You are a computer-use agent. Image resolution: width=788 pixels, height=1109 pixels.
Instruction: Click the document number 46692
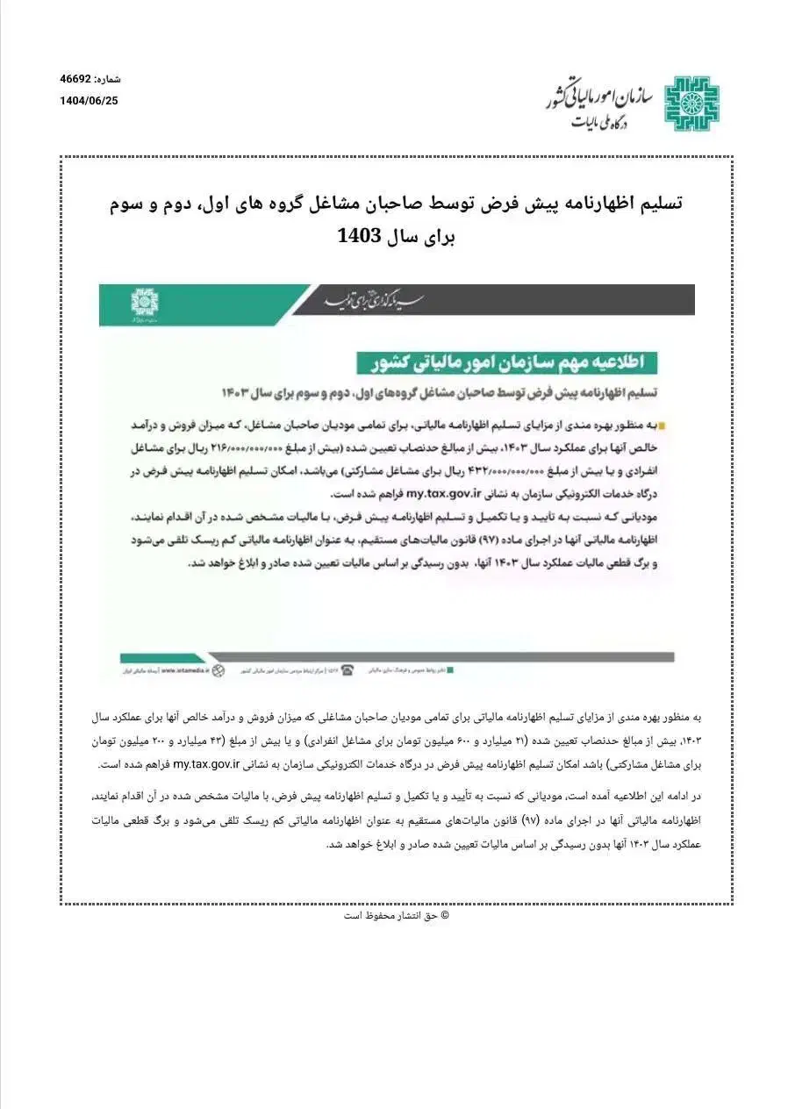point(76,79)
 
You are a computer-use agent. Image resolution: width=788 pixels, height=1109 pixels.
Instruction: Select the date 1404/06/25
point(89,101)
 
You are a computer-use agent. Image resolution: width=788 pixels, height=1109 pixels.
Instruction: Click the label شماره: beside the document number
point(109,79)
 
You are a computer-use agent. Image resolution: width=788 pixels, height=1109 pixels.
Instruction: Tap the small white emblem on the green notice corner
point(145,302)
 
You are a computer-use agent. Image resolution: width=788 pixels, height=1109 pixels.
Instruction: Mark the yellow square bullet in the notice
point(662,426)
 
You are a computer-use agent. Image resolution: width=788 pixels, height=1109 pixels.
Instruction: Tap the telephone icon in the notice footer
point(347,670)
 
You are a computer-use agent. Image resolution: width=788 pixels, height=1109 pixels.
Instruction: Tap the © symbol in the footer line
point(444,915)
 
